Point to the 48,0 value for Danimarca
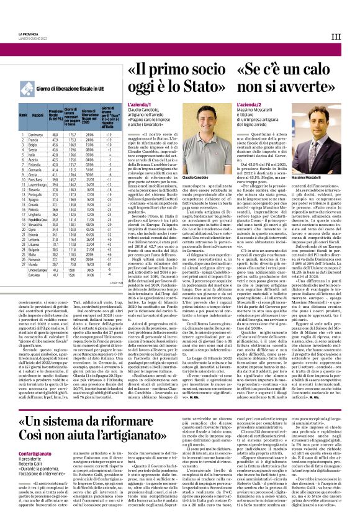[55, 134]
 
